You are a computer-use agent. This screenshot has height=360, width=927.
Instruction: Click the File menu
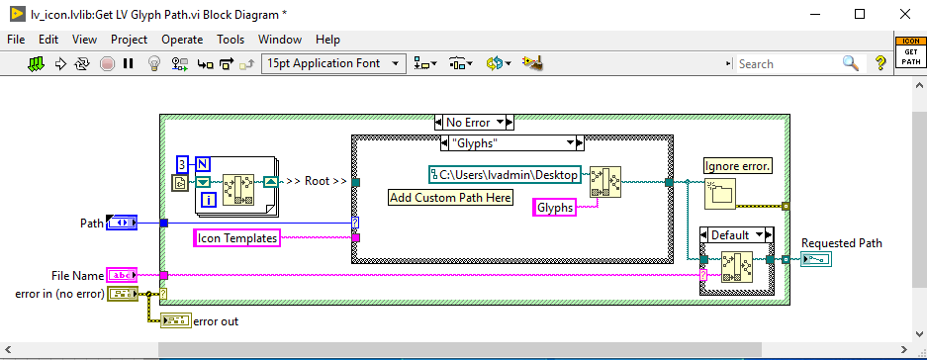(x=16, y=40)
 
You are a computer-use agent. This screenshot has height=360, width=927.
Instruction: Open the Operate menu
(x=182, y=40)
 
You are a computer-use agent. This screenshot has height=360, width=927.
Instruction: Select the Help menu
(x=327, y=40)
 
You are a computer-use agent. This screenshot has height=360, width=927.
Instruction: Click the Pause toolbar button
(x=128, y=63)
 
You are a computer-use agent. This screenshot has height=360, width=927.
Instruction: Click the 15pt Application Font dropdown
(x=334, y=63)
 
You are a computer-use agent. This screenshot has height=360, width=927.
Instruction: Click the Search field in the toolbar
(x=787, y=63)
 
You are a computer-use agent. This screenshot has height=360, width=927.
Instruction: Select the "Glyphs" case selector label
(x=474, y=143)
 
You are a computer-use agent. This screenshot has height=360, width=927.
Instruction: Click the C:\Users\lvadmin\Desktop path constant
(x=507, y=174)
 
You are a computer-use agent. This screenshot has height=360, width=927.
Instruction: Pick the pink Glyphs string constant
(x=554, y=208)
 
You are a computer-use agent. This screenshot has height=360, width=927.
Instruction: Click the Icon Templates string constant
(x=236, y=237)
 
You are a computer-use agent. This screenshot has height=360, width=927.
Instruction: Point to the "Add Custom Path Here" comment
(x=450, y=197)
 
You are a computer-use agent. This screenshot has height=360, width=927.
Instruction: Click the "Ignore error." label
(x=737, y=166)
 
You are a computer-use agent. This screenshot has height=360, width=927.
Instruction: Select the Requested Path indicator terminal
(x=818, y=260)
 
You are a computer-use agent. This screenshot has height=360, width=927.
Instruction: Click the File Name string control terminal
(x=122, y=275)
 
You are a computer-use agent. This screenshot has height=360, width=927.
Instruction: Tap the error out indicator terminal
(x=175, y=319)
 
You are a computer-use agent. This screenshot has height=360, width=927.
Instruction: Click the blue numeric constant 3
(x=182, y=163)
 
